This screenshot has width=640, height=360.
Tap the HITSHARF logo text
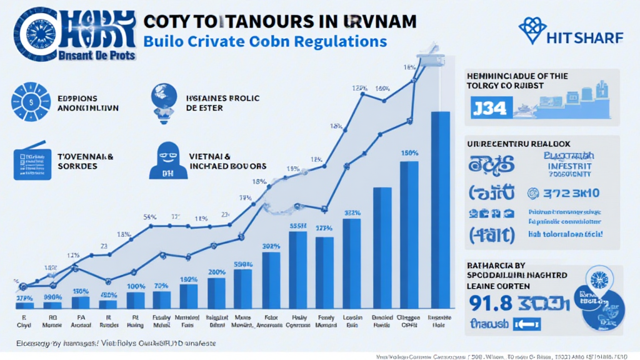(583, 38)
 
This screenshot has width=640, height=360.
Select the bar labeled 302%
(271, 280)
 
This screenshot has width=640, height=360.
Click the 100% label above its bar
(136, 286)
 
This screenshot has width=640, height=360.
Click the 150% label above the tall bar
(409, 152)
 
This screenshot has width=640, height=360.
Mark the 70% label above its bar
(161, 286)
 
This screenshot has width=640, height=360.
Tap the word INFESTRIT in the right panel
(569, 167)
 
